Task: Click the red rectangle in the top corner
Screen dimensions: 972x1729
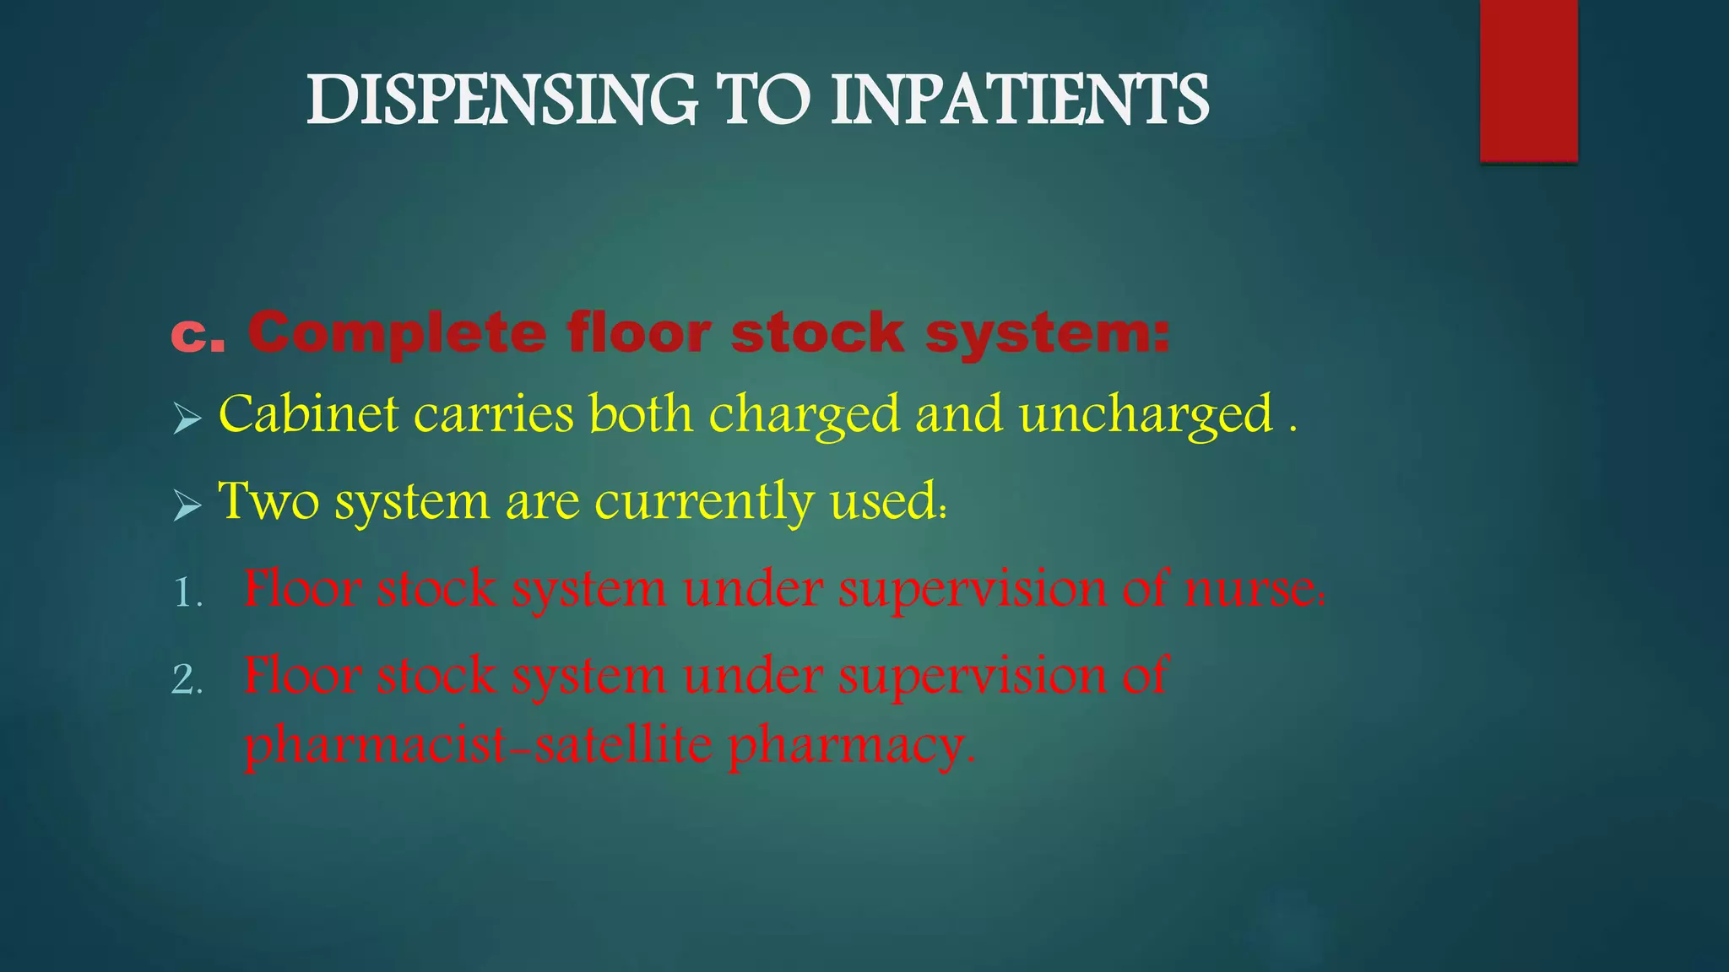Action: pos(1528,80)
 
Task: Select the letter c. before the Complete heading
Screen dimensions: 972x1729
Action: pos(198,334)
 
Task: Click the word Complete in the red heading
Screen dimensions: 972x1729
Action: pos(397,334)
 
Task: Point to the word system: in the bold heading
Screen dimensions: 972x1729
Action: pos(1047,334)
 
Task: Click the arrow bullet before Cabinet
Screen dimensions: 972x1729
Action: pos(187,418)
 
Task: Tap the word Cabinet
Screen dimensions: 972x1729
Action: pos(308,414)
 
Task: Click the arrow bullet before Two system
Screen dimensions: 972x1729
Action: pos(187,505)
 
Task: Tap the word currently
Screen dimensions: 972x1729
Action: pos(704,503)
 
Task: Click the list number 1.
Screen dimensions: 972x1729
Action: pos(187,593)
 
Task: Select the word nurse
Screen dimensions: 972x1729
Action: pos(1253,590)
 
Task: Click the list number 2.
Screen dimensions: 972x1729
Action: pos(187,680)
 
